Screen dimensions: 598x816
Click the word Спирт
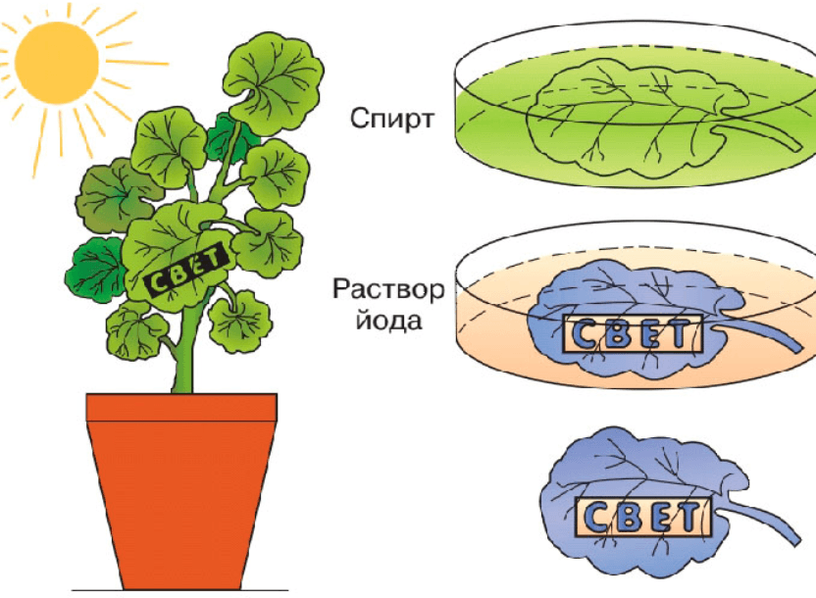coord(390,120)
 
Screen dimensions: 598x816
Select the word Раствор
coord(388,290)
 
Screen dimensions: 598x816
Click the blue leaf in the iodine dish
coord(608,304)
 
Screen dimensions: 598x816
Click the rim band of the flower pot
coord(181,406)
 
